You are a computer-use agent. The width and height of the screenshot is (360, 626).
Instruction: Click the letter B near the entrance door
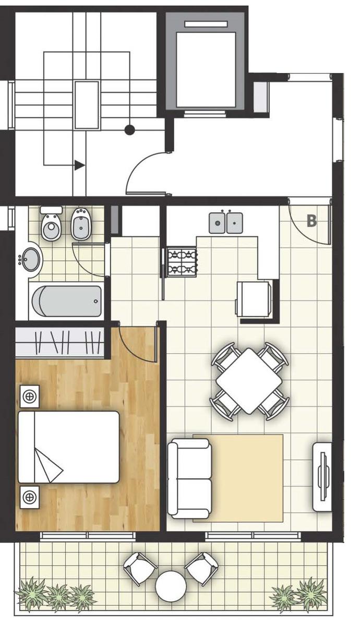pyautogui.click(x=311, y=221)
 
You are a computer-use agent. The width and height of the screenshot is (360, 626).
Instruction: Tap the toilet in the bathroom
pyautogui.click(x=52, y=223)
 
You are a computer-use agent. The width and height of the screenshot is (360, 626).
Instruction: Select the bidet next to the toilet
pyautogui.click(x=81, y=224)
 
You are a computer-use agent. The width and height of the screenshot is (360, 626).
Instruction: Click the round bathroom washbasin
pyautogui.click(x=31, y=259)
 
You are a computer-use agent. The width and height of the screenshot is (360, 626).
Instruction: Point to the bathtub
pyautogui.click(x=67, y=301)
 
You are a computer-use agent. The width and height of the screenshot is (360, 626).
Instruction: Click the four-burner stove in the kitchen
pyautogui.click(x=182, y=262)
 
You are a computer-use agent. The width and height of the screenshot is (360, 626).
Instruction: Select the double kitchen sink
pyautogui.click(x=226, y=223)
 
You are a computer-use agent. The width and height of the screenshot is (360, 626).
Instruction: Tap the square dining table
pyautogui.click(x=249, y=381)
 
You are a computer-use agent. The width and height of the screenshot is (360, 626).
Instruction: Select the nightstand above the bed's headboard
pyautogui.click(x=30, y=396)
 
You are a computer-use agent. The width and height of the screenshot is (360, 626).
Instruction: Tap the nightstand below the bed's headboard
pyautogui.click(x=30, y=498)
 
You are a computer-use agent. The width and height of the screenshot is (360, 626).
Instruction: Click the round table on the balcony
pyautogui.click(x=171, y=586)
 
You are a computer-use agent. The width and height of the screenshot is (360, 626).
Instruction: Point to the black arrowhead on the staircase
pyautogui.click(x=80, y=165)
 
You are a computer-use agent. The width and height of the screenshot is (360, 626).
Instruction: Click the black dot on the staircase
pyautogui.click(x=129, y=130)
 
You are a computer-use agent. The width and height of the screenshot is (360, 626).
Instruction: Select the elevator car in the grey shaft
pyautogui.click(x=206, y=69)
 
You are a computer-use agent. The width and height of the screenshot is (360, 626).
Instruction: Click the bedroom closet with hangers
pyautogui.click(x=60, y=342)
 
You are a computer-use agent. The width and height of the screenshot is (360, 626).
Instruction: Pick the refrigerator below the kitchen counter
pyautogui.click(x=253, y=299)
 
